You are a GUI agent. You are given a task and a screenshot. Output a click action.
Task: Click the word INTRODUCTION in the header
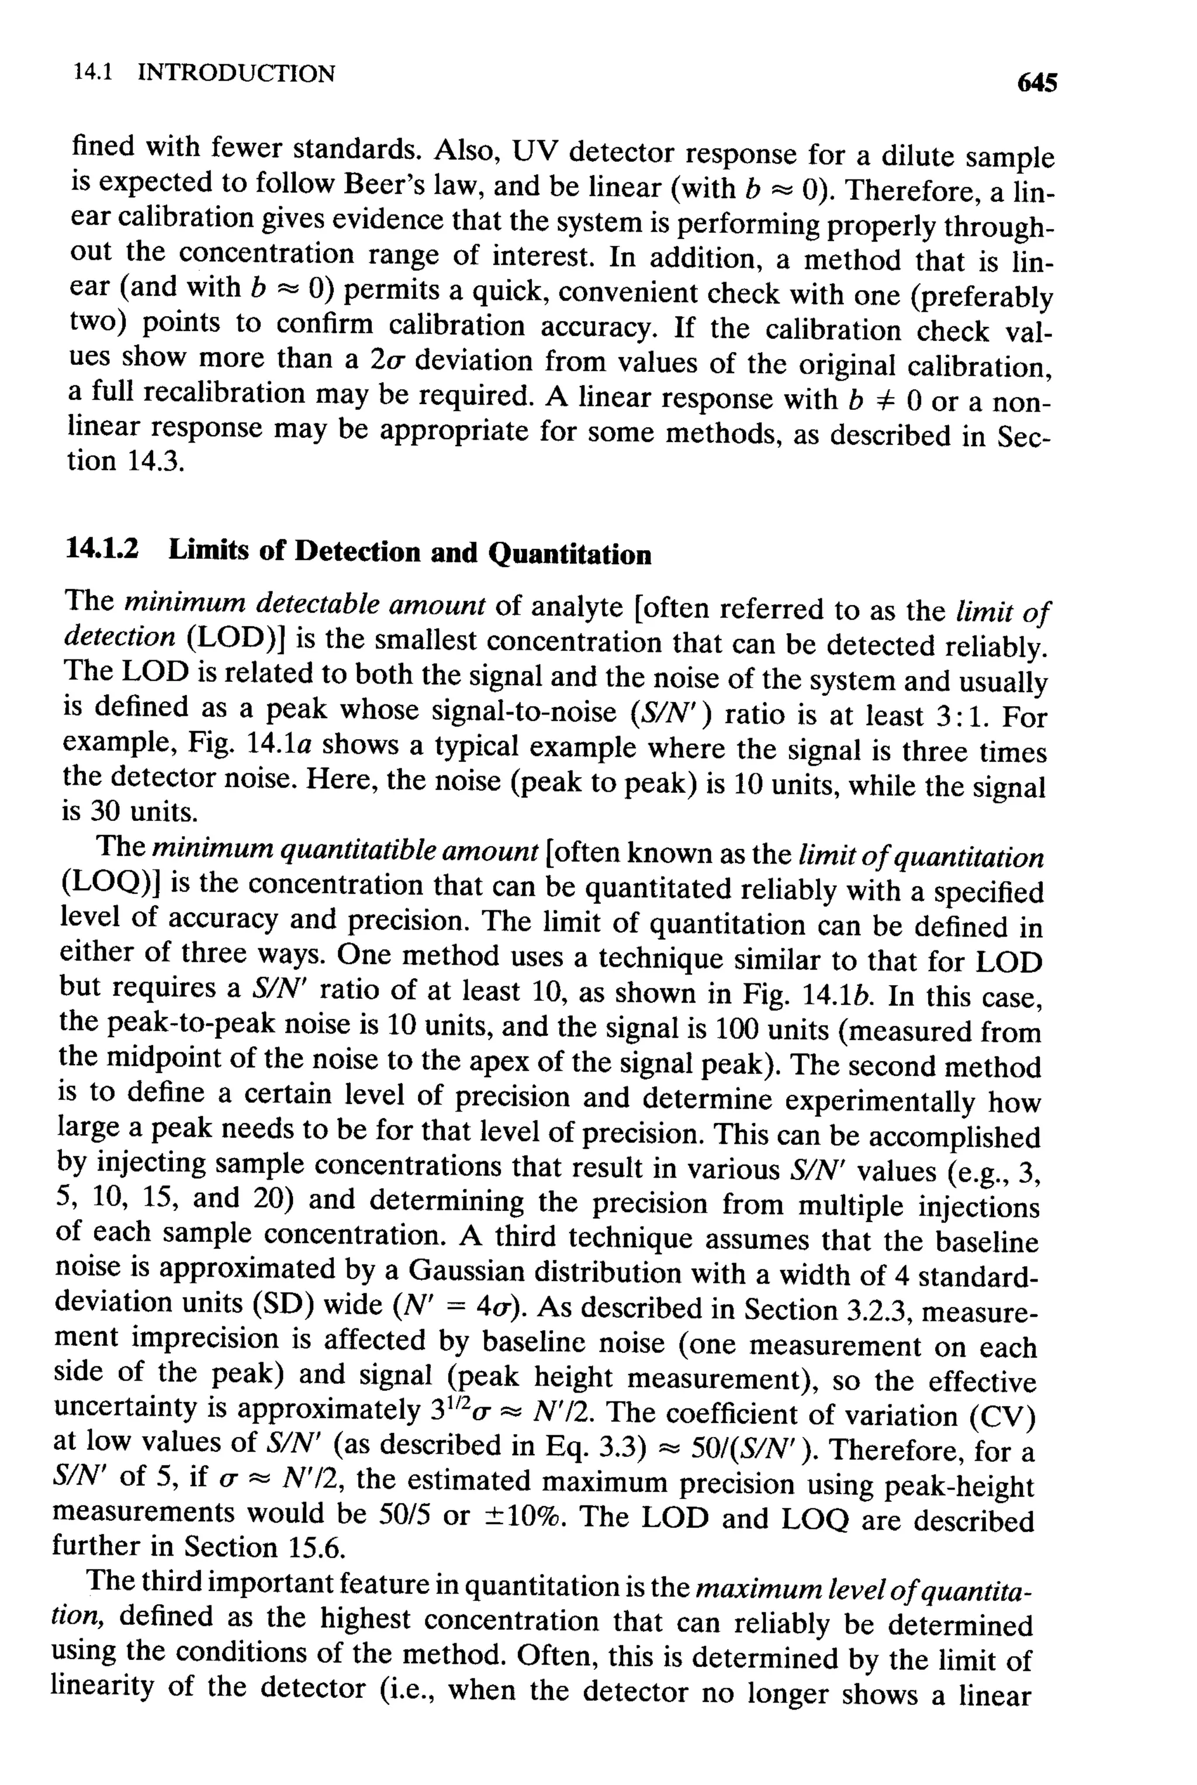(236, 73)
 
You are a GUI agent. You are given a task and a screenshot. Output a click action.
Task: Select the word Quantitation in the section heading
(569, 554)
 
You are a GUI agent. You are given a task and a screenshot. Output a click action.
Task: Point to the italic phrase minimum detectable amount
(305, 604)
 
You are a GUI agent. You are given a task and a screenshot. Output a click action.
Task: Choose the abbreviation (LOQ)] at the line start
(110, 883)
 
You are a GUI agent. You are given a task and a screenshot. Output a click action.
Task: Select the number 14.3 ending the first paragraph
(152, 462)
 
